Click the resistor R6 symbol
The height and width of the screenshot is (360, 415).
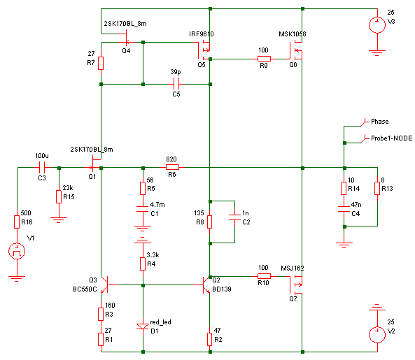(172, 167)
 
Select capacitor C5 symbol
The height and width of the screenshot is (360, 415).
(176, 84)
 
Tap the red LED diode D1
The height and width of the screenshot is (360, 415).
(143, 326)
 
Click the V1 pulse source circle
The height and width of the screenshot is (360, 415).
(17, 251)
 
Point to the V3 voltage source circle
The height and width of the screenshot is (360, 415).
(377, 25)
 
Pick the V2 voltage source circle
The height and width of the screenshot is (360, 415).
(377, 335)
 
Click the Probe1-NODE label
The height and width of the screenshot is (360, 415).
(391, 138)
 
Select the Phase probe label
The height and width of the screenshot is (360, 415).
(379, 122)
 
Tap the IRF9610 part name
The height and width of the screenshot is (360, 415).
(201, 34)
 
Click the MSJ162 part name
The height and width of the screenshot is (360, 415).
(293, 268)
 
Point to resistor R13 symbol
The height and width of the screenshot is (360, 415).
(377, 188)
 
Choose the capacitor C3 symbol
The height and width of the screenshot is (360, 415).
(42, 167)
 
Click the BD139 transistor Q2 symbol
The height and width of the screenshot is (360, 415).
(206, 285)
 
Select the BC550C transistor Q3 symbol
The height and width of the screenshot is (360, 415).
(104, 285)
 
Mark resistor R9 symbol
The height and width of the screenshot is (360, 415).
(264, 59)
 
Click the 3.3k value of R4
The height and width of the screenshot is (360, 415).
(153, 255)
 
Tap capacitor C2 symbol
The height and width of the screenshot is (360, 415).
(234, 217)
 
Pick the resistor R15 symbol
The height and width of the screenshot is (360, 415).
(59, 196)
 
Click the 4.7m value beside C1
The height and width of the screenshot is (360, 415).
(157, 205)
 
